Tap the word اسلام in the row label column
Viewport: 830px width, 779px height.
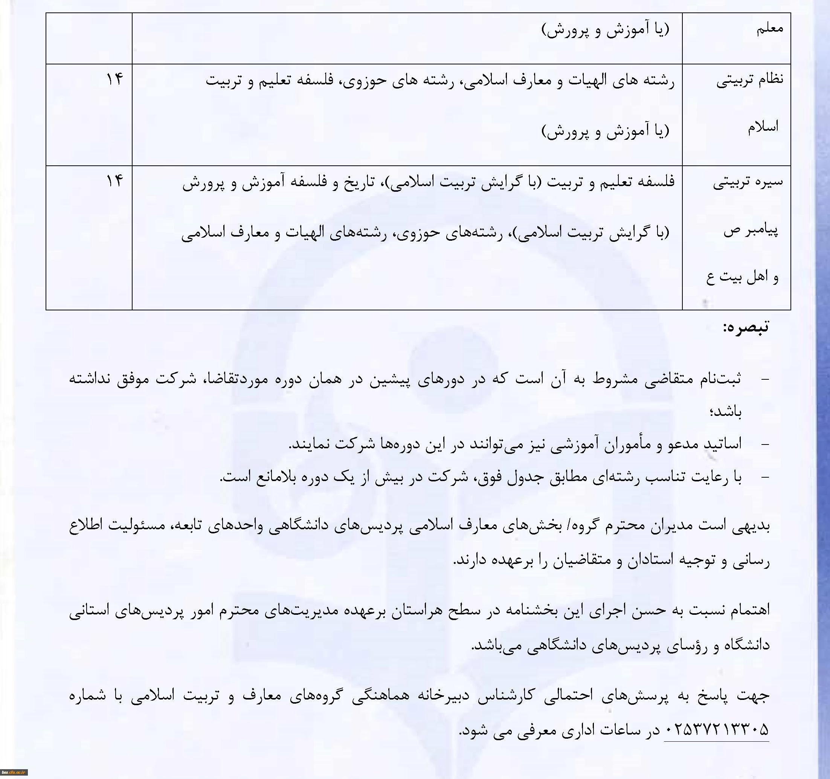pos(763,127)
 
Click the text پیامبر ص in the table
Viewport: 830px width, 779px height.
pos(751,231)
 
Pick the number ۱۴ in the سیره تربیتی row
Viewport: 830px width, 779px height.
pos(114,181)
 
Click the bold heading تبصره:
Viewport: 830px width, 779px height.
pos(746,327)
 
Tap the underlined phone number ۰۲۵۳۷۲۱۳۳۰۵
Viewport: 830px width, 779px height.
pos(716,730)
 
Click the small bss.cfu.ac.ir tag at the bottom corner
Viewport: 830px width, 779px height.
pos(14,772)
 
